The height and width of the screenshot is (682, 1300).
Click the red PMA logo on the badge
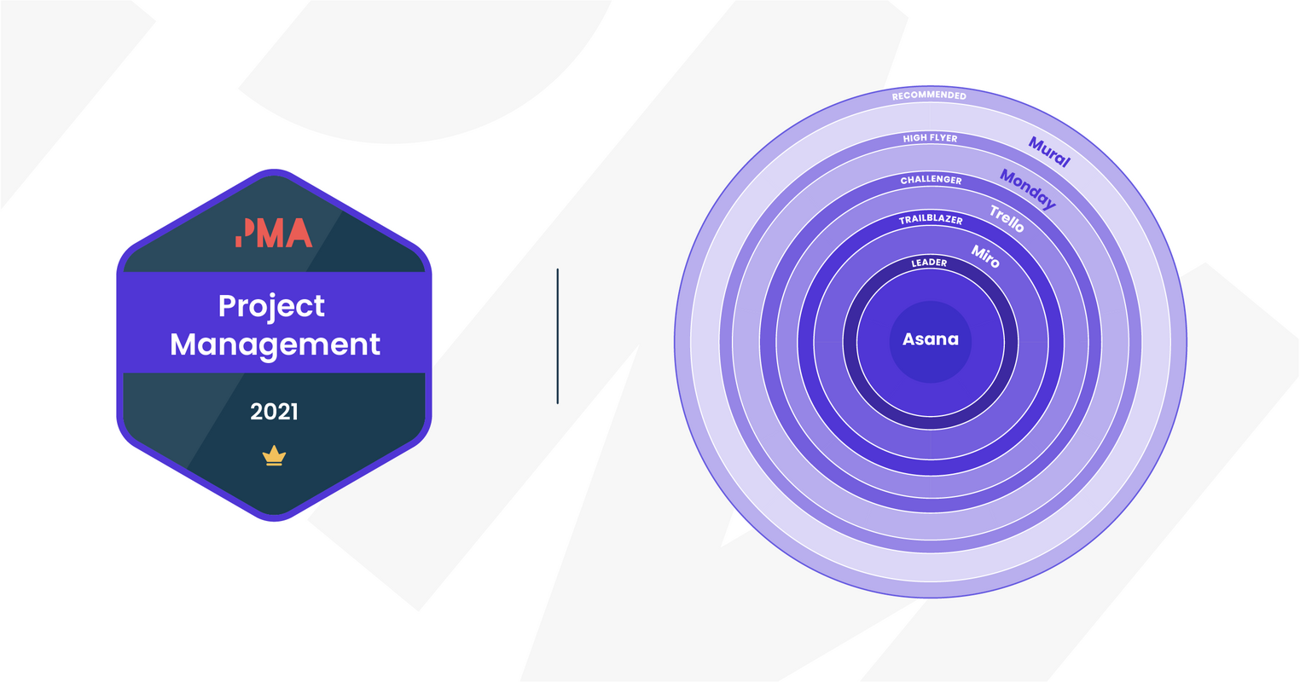point(274,233)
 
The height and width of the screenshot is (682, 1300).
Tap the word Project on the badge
point(271,306)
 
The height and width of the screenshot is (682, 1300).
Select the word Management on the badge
point(275,344)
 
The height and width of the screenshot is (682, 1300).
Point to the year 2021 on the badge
point(274,412)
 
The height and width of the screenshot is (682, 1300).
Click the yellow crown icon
point(274,456)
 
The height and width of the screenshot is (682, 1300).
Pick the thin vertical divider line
point(557,336)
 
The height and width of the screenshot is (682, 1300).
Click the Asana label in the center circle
point(930,339)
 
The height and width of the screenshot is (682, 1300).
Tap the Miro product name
point(985,255)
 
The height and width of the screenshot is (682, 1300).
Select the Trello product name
point(1007,218)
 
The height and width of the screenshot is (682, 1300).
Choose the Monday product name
point(1028,189)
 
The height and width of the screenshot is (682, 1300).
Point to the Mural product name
point(1049,152)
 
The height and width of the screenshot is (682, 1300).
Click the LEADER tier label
point(929,263)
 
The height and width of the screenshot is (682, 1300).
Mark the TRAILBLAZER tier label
point(930,220)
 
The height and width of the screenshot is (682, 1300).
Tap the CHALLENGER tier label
point(931,180)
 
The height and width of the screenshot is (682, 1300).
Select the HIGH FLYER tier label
point(930,138)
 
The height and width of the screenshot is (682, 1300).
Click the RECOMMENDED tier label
point(929,96)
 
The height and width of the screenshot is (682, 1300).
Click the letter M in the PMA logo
point(268,233)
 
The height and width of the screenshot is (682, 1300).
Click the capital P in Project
point(226,306)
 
